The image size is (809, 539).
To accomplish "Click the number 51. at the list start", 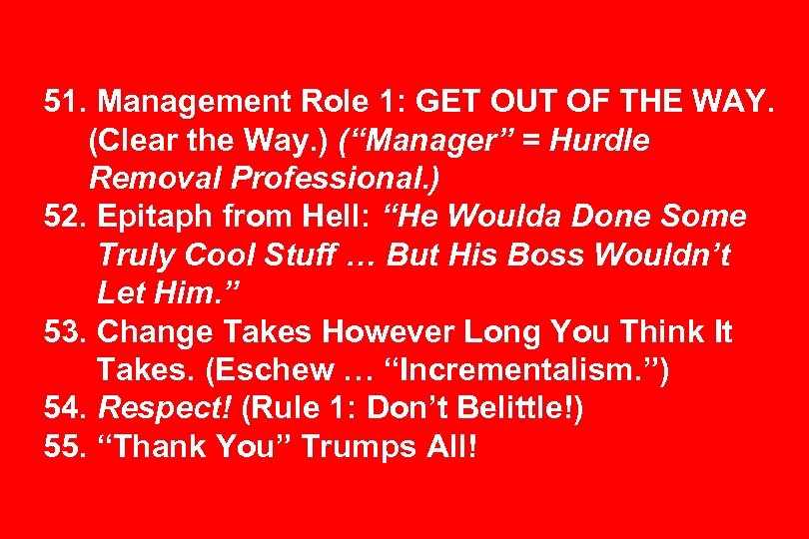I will (66, 102).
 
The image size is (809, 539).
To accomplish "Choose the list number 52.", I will (66, 217).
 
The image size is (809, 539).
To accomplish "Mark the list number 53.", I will (66, 331).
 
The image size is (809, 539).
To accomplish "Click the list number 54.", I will (66, 408).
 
